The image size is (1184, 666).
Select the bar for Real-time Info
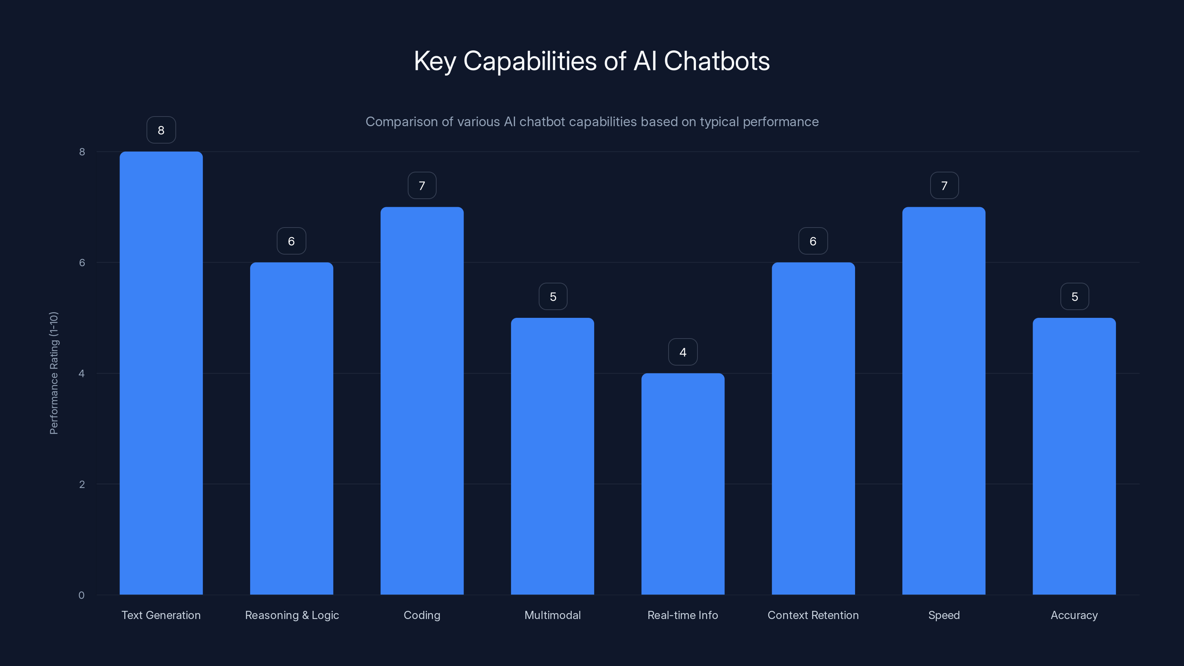(x=683, y=484)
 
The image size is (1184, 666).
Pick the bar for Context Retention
(x=813, y=428)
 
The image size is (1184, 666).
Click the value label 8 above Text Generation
(x=161, y=130)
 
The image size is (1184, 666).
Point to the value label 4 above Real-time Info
(x=683, y=352)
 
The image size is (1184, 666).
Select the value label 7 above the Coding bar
(x=422, y=186)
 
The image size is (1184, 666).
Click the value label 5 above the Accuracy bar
(x=1074, y=296)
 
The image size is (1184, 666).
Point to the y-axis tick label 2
(x=82, y=484)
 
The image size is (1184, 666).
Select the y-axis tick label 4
(x=82, y=373)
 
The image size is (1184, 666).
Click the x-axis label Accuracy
(x=1074, y=615)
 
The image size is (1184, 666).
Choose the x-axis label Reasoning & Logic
(x=292, y=615)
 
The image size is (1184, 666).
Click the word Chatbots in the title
(x=717, y=61)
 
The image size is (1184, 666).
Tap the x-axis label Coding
(x=422, y=615)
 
